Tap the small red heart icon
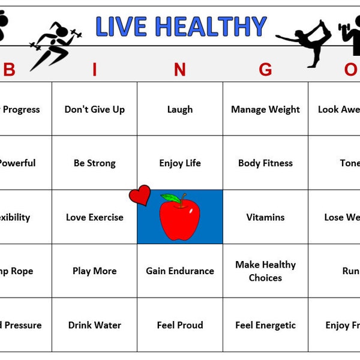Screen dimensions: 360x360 click(140, 195)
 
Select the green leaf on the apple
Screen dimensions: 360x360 click(171, 197)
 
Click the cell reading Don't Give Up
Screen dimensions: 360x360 click(95, 109)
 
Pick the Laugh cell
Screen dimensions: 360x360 click(180, 109)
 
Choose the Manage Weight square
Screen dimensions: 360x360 click(265, 109)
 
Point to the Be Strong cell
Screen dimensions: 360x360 click(95, 163)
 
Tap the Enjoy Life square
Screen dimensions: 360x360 click(180, 163)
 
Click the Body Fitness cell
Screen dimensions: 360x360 click(265, 163)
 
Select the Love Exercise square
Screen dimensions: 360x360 click(95, 217)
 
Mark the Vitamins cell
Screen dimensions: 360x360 click(265, 217)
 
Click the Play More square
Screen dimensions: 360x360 click(95, 271)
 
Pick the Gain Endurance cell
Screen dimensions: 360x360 click(180, 271)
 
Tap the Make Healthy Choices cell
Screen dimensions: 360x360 click(265, 271)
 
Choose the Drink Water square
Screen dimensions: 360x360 click(95, 325)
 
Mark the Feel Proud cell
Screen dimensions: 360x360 click(180, 325)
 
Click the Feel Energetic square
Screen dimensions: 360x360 click(265, 325)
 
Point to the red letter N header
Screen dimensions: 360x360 click(179, 70)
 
